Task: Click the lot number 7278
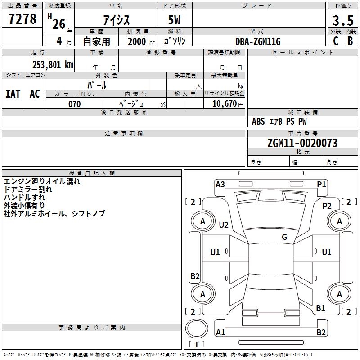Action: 22,19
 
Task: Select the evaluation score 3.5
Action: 343,21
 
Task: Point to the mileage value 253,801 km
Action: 53,64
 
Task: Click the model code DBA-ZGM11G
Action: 258,41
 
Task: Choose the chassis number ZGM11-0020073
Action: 302,144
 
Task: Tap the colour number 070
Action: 74,104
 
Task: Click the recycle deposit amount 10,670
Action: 224,104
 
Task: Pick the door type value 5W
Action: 175,20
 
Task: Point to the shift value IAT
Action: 13,94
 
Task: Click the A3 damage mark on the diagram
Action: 220,184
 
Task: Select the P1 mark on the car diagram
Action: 321,184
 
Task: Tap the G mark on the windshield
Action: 284,237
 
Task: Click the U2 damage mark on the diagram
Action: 224,225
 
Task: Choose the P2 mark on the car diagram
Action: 327,206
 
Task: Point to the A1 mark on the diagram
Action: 220,332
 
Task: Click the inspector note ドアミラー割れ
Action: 27,189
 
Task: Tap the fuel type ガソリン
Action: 175,41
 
